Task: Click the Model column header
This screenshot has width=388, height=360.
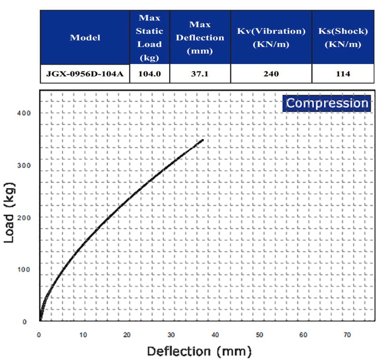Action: point(85,38)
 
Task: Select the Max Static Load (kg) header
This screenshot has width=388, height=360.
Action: point(149,38)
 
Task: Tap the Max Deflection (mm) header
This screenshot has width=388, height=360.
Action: point(200,38)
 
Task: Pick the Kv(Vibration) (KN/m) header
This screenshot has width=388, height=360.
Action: point(271,38)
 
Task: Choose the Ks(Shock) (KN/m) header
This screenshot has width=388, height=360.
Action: point(343,38)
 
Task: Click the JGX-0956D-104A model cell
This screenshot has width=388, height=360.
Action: point(85,73)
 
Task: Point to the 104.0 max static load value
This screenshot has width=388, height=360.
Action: point(149,73)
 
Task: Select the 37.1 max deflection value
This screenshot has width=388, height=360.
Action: point(200,73)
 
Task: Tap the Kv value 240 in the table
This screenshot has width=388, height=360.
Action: point(271,73)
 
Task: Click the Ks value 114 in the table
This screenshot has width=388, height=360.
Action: point(343,73)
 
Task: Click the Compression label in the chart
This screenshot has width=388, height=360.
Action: point(327,103)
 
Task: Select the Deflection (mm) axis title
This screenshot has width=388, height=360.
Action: point(199,351)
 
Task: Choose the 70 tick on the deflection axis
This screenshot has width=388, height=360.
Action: point(347,334)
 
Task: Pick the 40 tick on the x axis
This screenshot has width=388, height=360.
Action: point(215,334)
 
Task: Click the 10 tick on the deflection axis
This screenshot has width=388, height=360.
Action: point(83,334)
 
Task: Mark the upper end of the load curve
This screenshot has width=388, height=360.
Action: point(203,140)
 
